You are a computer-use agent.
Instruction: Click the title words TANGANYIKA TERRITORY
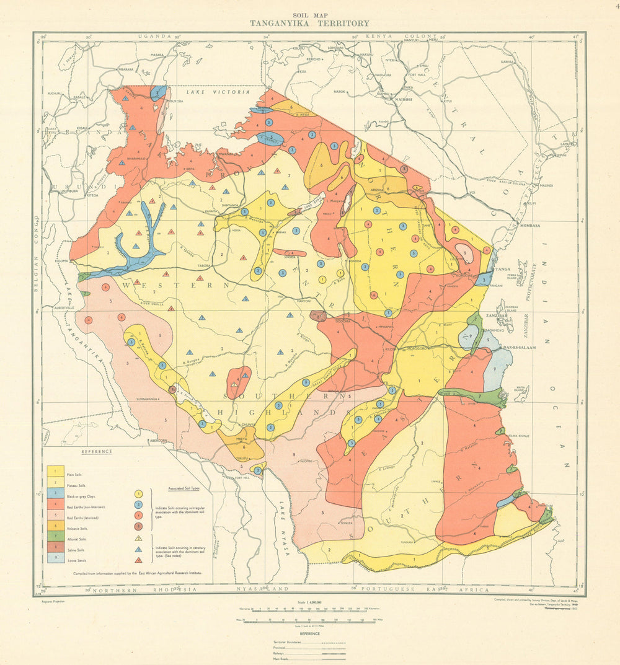click(309, 24)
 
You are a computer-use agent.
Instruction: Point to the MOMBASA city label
click(531, 226)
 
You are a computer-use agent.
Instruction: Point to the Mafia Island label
click(521, 390)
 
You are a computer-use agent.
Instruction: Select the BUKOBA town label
click(175, 100)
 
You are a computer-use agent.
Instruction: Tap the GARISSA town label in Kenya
click(508, 62)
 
